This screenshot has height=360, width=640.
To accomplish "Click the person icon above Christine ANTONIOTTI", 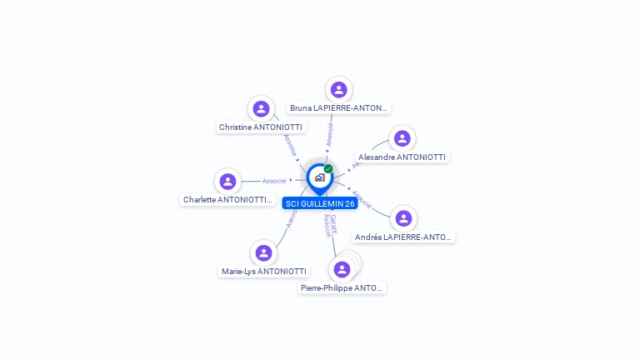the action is click(262, 109).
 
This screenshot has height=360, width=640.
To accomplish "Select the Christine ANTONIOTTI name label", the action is click(261, 127).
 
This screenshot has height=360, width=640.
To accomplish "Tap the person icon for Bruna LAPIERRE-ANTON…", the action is click(338, 90).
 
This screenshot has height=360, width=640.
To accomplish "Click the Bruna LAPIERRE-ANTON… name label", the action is click(338, 108).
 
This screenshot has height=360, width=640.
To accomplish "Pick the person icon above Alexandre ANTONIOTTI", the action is click(402, 138).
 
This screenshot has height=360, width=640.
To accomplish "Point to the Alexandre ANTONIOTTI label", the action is click(402, 157).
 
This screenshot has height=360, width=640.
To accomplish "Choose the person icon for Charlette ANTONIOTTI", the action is click(227, 182).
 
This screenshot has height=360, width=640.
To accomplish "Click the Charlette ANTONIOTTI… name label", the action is click(227, 200).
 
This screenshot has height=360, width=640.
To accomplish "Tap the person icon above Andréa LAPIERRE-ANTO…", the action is click(404, 218).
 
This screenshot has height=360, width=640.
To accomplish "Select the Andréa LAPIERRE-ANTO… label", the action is click(404, 237).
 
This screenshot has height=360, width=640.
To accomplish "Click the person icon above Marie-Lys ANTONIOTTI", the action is click(264, 252).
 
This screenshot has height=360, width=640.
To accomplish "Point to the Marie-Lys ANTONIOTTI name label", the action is click(263, 271).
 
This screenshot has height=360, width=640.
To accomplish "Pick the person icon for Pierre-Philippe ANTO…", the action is click(342, 269).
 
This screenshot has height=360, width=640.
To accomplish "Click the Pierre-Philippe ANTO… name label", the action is click(342, 287).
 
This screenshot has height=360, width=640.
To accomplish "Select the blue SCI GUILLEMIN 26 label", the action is click(320, 203).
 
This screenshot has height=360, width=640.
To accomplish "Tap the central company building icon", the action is click(319, 177).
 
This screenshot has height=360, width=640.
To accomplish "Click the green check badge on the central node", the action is click(328, 169).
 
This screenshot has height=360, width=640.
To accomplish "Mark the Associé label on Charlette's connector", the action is click(274, 181).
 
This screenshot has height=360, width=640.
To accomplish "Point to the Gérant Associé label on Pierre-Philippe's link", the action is click(330, 225).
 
